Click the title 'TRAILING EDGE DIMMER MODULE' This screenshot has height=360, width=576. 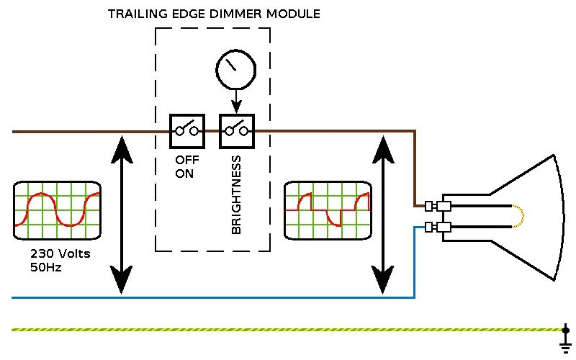pyautogui.click(x=214, y=14)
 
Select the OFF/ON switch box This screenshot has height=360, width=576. pyautogui.click(x=187, y=130)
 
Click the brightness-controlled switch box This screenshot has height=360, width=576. pyautogui.click(x=238, y=130)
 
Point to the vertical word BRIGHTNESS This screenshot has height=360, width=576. pyautogui.click(x=236, y=194)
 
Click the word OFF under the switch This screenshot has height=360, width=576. pyautogui.click(x=186, y=161)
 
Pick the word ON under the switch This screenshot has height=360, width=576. pyautogui.click(x=184, y=174)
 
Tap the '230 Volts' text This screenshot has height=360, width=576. pyautogui.click(x=60, y=254)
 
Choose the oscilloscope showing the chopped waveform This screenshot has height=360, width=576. pyautogui.click(x=328, y=210)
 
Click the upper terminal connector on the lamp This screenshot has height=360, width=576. pyautogui.click(x=438, y=207)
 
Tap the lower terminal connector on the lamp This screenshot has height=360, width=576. pyautogui.click(x=438, y=228)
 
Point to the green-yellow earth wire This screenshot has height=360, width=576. pyautogui.click(x=288, y=330)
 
